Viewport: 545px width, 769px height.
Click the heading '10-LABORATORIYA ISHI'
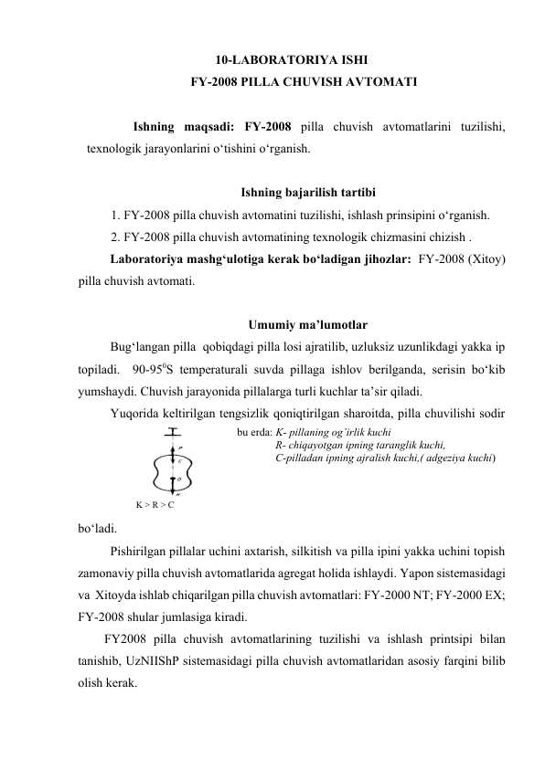click(x=272, y=60)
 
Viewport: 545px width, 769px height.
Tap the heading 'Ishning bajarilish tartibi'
click(x=305, y=193)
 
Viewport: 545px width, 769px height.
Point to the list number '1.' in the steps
click(x=113, y=216)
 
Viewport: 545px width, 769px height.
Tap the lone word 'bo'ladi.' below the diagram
click(x=97, y=527)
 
